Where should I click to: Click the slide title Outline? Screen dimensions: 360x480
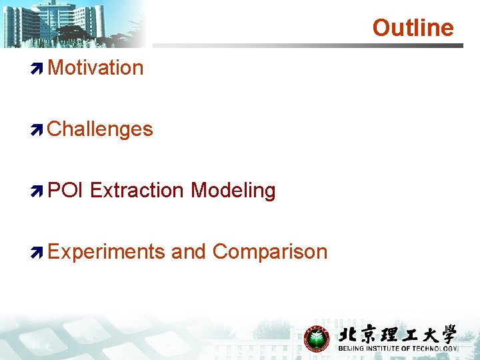413,27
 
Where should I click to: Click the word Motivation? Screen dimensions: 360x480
95,67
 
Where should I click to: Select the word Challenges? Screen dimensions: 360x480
100,129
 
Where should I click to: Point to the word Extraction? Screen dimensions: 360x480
137,190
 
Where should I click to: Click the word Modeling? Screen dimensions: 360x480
233,190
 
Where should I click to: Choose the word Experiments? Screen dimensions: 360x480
107,251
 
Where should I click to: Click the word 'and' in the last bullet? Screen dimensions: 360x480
189,251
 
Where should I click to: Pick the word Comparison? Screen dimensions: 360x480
270,251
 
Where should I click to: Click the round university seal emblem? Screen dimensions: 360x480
317,339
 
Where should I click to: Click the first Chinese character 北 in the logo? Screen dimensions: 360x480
349,335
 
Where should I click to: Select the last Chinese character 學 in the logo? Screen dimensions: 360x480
446,335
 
